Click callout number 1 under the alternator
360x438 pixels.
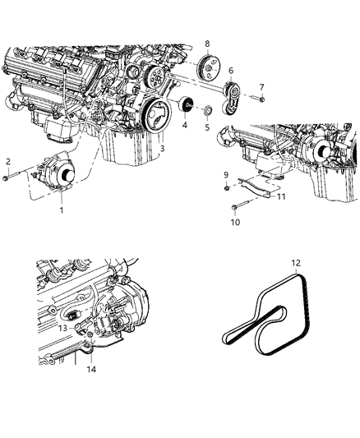pos(60,210)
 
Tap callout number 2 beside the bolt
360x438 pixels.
pos(8,161)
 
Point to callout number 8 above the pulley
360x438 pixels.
pos(207,44)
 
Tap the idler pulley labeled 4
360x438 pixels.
pos(187,107)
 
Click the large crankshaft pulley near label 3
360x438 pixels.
pos(154,113)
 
